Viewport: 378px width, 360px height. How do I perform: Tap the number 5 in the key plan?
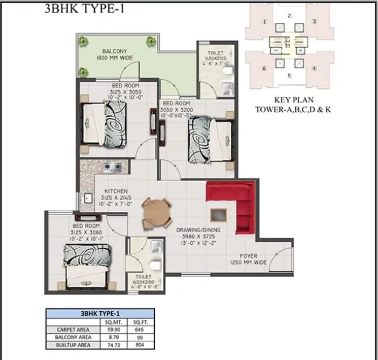(289, 76)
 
